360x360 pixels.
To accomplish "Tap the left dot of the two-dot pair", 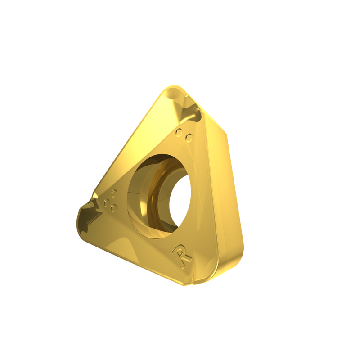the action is click(180, 133).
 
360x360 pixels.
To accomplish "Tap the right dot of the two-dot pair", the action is click(189, 138).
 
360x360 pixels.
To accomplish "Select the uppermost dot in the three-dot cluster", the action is click(114, 193).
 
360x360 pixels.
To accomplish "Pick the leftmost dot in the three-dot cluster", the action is click(107, 202).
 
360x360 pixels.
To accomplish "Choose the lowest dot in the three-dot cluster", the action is click(113, 208).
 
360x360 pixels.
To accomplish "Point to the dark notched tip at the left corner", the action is click(88, 216).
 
